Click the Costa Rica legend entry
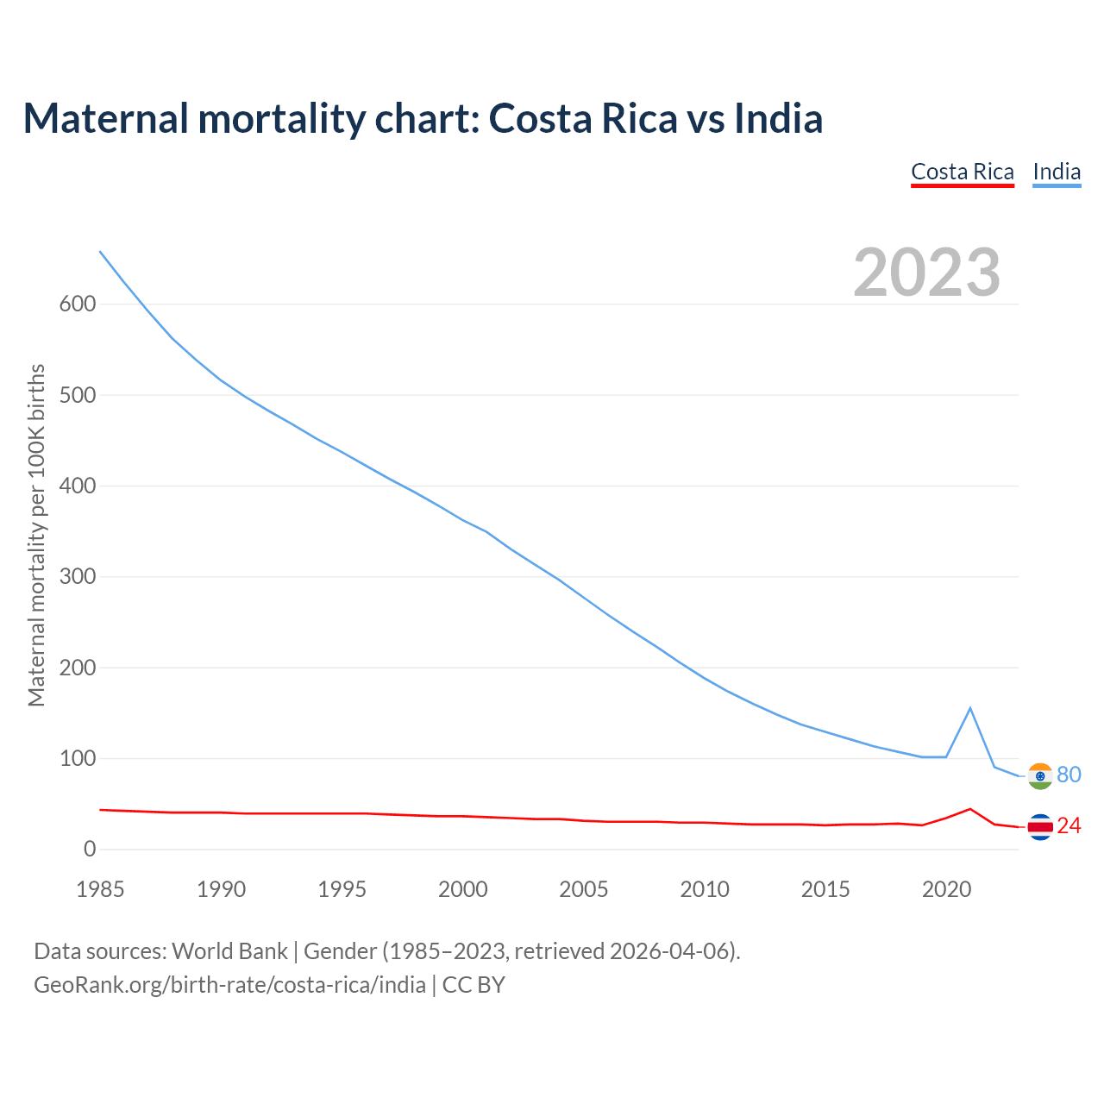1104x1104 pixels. (x=963, y=172)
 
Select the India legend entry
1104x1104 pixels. (x=1057, y=172)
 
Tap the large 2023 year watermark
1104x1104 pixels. (x=926, y=273)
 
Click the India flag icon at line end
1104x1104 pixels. (x=1040, y=776)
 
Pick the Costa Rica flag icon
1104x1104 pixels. (x=1040, y=827)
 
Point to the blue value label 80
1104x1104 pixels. (x=1069, y=775)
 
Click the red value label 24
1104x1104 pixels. (x=1069, y=826)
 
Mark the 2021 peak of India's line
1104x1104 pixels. (x=970, y=708)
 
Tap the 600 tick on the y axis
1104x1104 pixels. (x=78, y=304)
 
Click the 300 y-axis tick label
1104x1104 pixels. (x=78, y=576)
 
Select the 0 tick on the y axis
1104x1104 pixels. (x=90, y=849)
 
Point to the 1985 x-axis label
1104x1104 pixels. (x=100, y=889)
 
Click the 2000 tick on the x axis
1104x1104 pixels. (x=463, y=889)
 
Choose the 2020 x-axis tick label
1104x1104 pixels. (x=946, y=889)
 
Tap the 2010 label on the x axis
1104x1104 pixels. (x=705, y=889)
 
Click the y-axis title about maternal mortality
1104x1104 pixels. (x=36, y=535)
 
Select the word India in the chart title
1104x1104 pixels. (x=778, y=118)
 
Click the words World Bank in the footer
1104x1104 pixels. (x=229, y=951)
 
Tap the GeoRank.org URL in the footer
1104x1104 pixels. (x=229, y=985)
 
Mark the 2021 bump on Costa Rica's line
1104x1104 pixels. (x=970, y=809)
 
